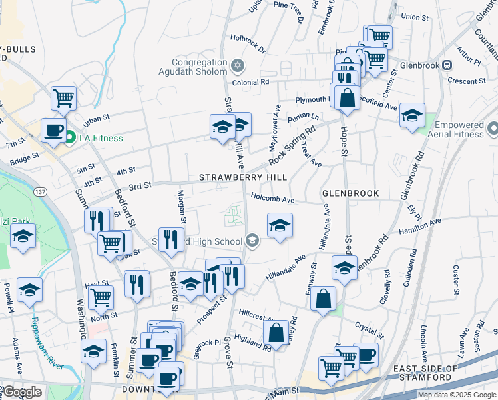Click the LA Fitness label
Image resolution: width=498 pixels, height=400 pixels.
coord(101,138)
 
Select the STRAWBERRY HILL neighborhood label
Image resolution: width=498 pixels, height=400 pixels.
coord(244,177)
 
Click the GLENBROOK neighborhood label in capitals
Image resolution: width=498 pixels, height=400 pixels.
coord(350,193)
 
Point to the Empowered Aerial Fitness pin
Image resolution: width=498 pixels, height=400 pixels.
coord(493,127)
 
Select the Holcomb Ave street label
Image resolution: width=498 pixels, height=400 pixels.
coord(272,198)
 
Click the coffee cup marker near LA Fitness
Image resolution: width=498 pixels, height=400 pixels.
coord(53,130)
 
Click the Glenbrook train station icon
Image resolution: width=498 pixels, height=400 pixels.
coord(447,65)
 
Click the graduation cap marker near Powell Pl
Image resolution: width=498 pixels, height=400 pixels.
coord(29,290)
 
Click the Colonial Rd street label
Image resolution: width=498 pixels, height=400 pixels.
coord(255,82)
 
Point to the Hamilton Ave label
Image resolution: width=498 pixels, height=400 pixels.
coord(420,226)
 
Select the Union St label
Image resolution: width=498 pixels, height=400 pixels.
coord(415,16)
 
